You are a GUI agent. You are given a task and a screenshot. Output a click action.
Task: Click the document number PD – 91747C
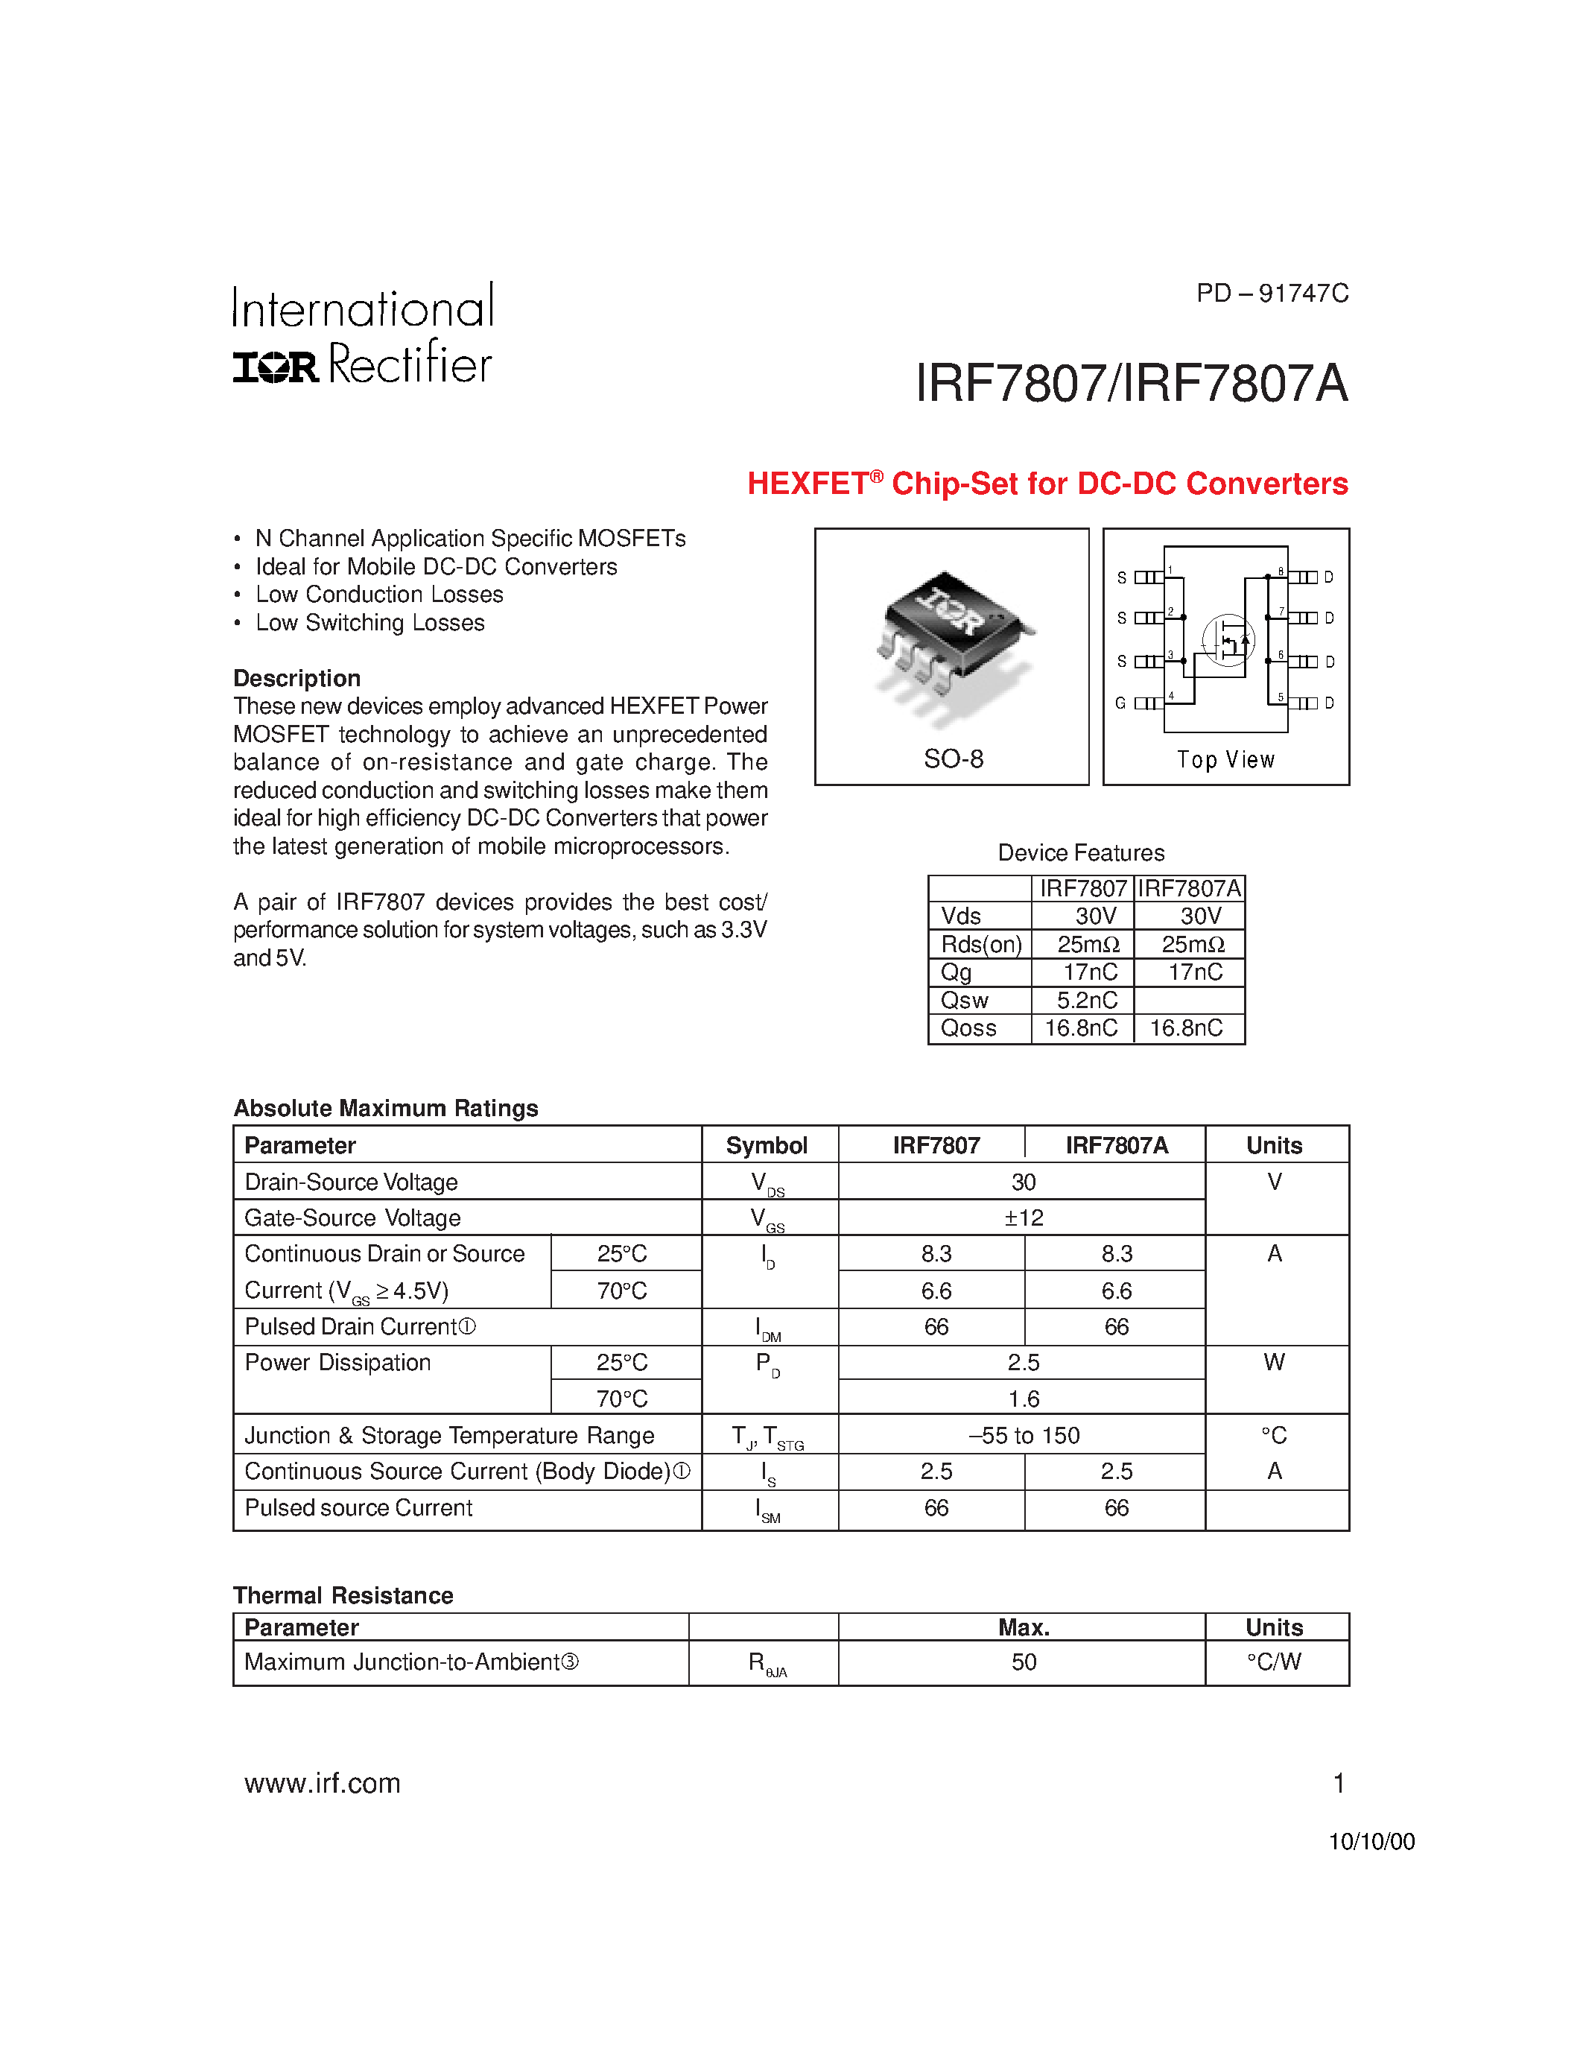(x=1272, y=294)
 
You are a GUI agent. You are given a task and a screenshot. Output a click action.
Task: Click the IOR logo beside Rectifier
(x=276, y=366)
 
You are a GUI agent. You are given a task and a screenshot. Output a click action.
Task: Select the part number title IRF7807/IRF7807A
(x=1131, y=384)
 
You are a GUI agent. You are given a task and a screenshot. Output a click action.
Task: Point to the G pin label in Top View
(x=1120, y=703)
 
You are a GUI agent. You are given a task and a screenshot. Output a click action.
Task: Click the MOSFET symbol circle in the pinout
(x=1228, y=640)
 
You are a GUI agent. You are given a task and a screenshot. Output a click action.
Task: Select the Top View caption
(x=1225, y=760)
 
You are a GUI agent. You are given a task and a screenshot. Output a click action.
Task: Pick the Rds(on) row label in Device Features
(x=981, y=945)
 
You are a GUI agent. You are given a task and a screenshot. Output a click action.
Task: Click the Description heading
(x=296, y=678)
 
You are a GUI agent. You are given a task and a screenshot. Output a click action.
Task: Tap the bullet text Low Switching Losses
(x=369, y=623)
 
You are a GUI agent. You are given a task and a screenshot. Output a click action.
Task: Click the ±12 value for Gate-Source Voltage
(x=1023, y=1217)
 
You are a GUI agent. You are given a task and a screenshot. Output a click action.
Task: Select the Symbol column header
(x=767, y=1145)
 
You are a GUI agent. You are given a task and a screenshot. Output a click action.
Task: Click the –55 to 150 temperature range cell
(x=1023, y=1436)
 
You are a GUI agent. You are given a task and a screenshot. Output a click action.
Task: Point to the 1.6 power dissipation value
(x=1023, y=1399)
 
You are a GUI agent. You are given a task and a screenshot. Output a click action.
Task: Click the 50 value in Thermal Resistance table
(x=1023, y=1662)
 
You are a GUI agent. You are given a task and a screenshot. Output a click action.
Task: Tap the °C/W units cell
(x=1274, y=1662)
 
